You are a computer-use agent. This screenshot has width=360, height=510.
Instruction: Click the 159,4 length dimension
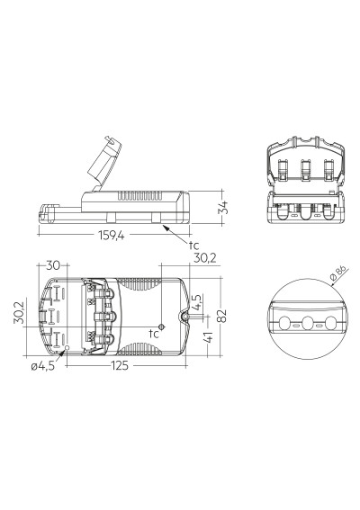click(x=112, y=235)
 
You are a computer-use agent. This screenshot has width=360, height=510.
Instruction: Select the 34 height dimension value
click(x=223, y=207)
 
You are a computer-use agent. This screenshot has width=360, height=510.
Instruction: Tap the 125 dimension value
click(x=120, y=366)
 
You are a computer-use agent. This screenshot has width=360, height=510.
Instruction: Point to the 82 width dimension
click(x=221, y=316)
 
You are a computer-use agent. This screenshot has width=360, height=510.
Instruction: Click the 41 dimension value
click(x=208, y=336)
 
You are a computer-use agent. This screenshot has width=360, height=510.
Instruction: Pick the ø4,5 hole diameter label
click(x=43, y=366)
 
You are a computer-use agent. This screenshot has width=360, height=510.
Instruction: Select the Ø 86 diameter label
click(x=337, y=273)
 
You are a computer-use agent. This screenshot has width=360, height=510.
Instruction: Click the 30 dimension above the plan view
click(x=53, y=265)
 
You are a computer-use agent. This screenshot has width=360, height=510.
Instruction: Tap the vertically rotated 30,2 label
click(x=19, y=312)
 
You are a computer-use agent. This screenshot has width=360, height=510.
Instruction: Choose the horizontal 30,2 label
click(x=205, y=258)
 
